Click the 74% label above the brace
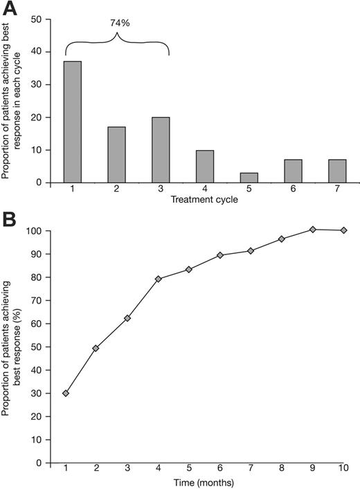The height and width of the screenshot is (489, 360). pyautogui.click(x=119, y=22)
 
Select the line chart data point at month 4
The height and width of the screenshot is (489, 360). pyautogui.click(x=159, y=279)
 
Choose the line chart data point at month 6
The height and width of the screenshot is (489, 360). pyautogui.click(x=220, y=255)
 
